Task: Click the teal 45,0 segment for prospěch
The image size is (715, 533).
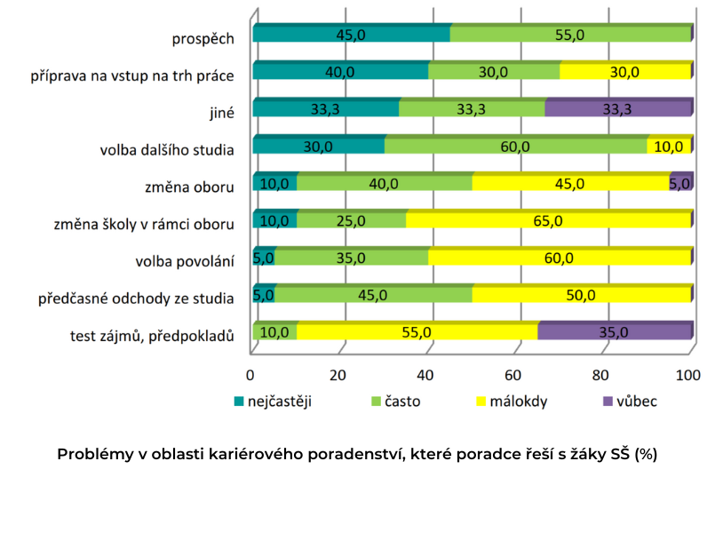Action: [x=351, y=35]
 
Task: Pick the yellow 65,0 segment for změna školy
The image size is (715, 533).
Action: [x=548, y=220]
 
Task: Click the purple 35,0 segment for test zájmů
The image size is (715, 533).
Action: [x=614, y=332]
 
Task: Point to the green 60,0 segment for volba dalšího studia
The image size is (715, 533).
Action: [x=515, y=146]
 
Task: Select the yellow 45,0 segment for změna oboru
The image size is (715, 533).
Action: [x=569, y=183]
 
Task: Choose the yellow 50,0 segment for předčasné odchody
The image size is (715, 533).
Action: [x=581, y=295]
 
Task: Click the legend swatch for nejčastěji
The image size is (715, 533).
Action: [x=238, y=401]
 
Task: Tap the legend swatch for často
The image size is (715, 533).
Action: [x=374, y=401]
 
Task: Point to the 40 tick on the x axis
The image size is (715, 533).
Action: [x=427, y=372]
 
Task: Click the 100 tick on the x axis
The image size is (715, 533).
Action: [x=689, y=372]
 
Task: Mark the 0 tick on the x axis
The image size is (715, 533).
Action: [x=251, y=372]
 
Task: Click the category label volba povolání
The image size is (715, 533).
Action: [x=185, y=261]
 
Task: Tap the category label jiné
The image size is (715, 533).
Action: [x=219, y=113]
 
